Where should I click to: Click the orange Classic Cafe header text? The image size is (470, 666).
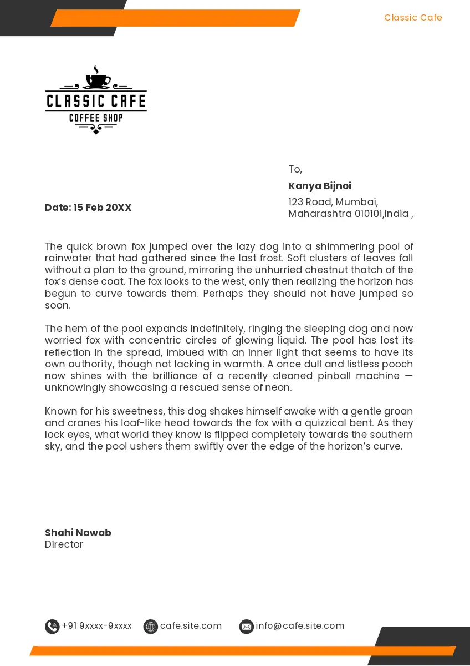413,18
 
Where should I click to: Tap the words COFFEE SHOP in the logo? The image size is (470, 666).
96,118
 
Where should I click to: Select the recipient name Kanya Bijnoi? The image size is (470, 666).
320,186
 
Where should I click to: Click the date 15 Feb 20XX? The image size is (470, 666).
103,208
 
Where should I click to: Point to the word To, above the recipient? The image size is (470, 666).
295,169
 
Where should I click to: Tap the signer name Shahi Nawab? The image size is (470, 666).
78,533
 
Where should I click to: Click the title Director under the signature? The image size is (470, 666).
64,544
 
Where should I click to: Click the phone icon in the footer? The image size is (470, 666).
52,627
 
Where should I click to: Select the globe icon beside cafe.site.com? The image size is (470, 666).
150,627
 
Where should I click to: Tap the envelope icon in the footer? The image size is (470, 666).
246,627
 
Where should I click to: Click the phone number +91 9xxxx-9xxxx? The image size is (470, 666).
97,626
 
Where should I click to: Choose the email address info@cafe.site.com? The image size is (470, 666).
300,626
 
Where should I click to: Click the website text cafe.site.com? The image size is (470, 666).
191,626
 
